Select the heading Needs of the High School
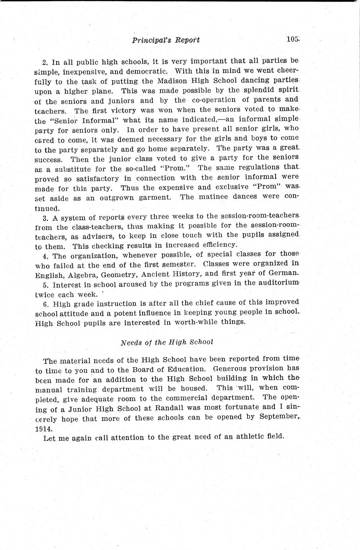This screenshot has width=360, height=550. (167, 342)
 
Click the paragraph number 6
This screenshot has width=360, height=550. (44, 303)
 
